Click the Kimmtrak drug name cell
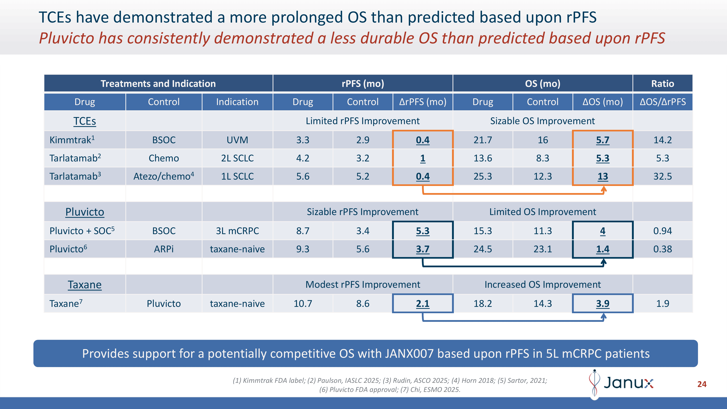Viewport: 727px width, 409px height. pos(72,140)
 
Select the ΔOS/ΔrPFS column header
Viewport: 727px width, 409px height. pos(662,102)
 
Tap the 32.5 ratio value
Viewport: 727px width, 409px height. pos(662,176)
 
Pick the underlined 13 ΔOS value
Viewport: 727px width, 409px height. pos(603,176)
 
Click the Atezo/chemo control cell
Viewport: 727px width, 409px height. pos(164,176)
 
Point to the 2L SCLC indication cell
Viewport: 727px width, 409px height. pos(237,158)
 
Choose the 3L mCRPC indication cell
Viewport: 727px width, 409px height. pos(237,231)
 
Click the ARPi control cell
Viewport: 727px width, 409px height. pos(164,249)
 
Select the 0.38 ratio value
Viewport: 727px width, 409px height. pos(662,249)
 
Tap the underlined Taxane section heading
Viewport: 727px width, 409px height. pos(84,284)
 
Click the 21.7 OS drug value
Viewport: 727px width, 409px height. pos(483,140)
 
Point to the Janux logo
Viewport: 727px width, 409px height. pos(621,383)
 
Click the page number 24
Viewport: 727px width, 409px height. pos(702,384)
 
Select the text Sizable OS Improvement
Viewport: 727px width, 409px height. pos(542,121)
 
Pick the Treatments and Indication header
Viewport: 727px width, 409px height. pos(158,84)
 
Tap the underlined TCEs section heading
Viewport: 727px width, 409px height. pos(84,121)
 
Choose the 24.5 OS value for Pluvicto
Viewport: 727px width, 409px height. pos(483,249)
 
